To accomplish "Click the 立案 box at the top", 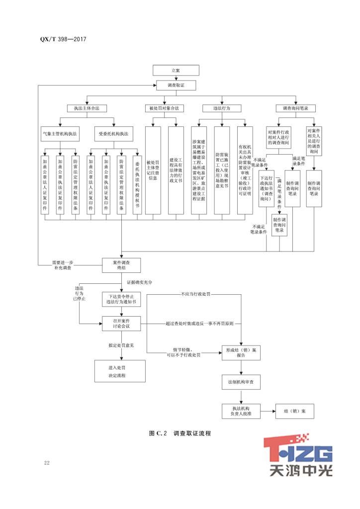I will (176, 71).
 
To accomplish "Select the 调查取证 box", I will (176, 85).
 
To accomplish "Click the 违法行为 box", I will (221, 108).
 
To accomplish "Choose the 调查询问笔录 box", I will (295, 108).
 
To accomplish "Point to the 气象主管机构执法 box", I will (59, 133).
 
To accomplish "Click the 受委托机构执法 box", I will (113, 133).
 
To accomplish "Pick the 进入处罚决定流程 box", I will (120, 371).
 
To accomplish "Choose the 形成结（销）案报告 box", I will (240, 352).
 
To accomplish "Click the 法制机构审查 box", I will (240, 382).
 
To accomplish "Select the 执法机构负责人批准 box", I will (240, 411).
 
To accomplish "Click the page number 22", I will (47, 463).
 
